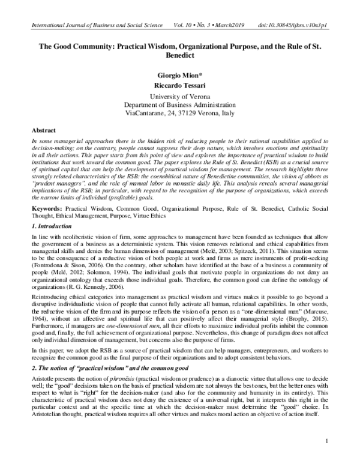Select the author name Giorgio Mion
click(179, 77)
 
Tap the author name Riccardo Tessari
click(180, 86)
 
